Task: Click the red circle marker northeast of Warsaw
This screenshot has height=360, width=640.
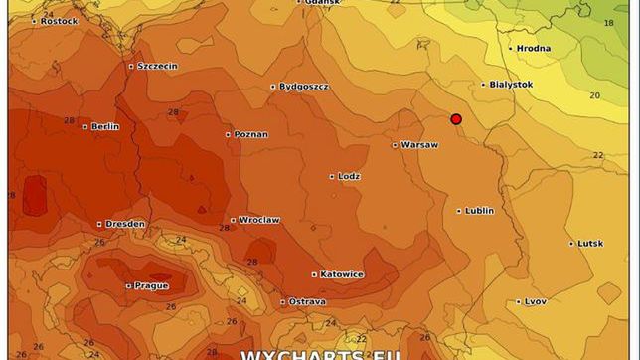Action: click(x=456, y=119)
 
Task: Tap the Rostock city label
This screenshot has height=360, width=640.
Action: click(x=59, y=21)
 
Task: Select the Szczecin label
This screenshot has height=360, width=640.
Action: click(x=157, y=66)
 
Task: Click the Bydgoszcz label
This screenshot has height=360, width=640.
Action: click(x=303, y=87)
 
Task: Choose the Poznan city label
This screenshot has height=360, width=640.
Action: click(x=250, y=134)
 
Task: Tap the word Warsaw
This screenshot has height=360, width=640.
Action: click(x=419, y=144)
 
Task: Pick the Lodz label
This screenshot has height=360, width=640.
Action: click(x=348, y=176)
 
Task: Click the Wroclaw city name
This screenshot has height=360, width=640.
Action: click(x=258, y=220)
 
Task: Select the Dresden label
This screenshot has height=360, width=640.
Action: click(x=125, y=224)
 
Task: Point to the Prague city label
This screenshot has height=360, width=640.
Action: click(x=151, y=285)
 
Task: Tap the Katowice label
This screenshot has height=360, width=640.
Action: click(x=342, y=274)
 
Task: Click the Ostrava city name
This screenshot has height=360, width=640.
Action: click(x=307, y=301)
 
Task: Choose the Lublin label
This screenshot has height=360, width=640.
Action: click(x=479, y=211)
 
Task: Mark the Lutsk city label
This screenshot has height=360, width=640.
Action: click(x=591, y=244)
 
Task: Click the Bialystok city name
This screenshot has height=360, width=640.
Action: click(x=511, y=85)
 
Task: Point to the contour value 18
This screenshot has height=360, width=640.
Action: click(x=608, y=22)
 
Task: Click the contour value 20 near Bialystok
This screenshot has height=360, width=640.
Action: click(x=594, y=95)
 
